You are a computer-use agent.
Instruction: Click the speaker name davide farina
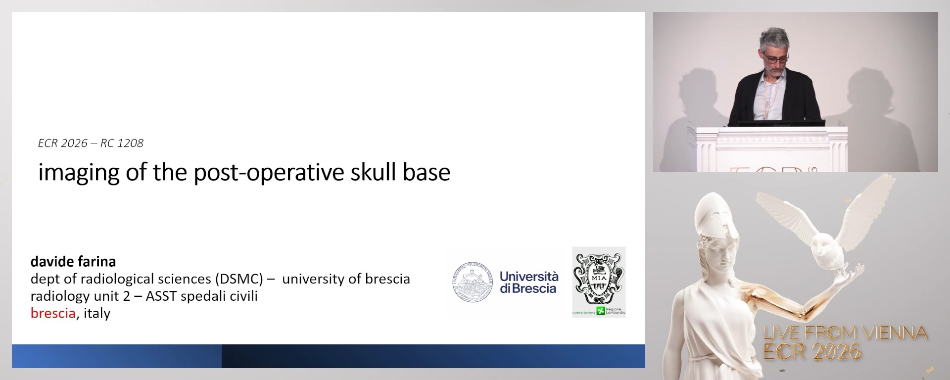pos(73,261)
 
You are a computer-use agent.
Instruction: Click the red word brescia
pos(53,313)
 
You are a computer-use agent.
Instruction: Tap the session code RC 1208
pos(122,143)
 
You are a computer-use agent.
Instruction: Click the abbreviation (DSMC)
pos(239,279)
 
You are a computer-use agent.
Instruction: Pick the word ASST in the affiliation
pos(161,296)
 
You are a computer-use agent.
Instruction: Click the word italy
pos(97,313)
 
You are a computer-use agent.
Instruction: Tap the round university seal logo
pos(473,282)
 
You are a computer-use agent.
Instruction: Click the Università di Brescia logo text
pos(528,283)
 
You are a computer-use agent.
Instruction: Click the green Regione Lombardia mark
pos(601,311)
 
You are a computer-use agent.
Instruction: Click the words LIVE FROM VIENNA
pos(845,333)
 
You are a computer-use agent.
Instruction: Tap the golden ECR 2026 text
pos(811,352)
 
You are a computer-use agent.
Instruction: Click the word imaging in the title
pos(79,173)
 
